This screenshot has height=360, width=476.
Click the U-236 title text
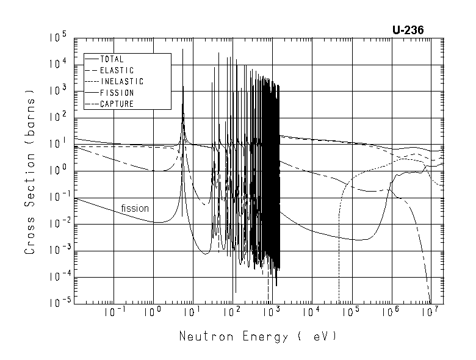coord(408,29)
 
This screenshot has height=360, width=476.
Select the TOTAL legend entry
coord(112,59)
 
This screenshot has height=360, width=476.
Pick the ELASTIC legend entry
coord(117,70)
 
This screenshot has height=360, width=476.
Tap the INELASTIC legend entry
coord(121,81)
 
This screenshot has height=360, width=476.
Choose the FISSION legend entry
coord(117,93)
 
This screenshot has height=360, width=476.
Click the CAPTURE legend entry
coord(117,104)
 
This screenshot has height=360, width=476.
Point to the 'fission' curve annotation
coord(135,208)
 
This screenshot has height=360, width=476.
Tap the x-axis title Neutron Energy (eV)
coord(258,336)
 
